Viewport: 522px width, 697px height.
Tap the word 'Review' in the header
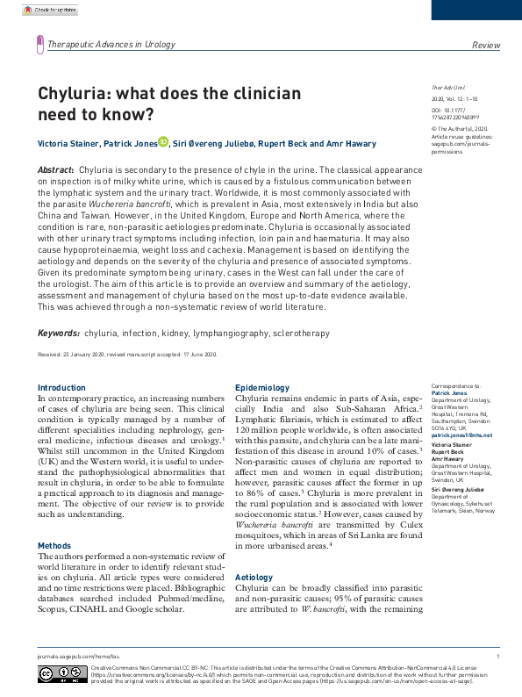pos(485,44)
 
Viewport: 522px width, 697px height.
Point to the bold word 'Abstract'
pos(55,168)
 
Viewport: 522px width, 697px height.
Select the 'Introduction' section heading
pos(61,387)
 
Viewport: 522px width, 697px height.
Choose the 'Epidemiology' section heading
pos(262,387)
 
